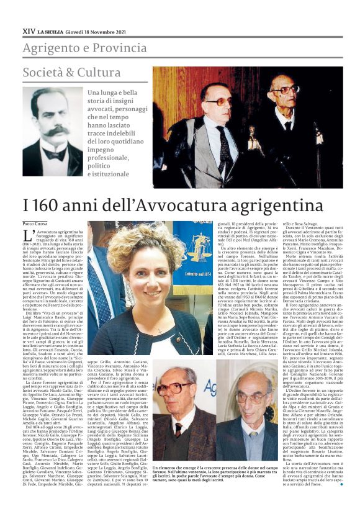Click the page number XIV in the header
29,29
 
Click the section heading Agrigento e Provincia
85,48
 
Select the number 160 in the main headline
48,205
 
